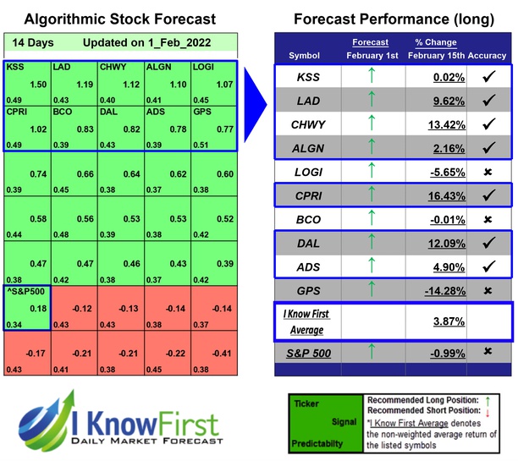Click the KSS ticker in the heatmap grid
tap(15, 66)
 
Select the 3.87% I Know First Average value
tap(435, 322)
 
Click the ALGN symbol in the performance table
tap(310, 148)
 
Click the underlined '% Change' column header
tap(437, 41)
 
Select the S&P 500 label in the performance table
tap(310, 350)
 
